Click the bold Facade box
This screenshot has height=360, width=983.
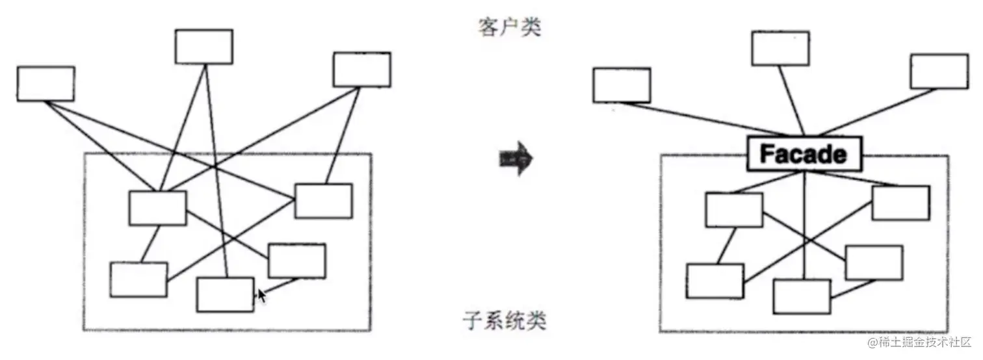804,155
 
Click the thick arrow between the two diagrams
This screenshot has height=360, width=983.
516,158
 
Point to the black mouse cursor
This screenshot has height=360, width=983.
261,296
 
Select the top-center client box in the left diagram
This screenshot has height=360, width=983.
203,46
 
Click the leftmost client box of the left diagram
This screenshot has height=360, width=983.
46,83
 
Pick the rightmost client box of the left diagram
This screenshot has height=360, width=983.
361,70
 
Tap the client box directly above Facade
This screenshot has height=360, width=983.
780,48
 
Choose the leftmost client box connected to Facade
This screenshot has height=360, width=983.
622,85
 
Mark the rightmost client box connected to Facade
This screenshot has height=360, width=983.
939,71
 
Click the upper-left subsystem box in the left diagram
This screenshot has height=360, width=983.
157,208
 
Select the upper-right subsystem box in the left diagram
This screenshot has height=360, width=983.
323,201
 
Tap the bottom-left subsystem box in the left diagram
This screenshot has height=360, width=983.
138,279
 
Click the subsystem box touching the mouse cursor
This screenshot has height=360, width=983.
225,294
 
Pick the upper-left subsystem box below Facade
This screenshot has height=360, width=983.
734,210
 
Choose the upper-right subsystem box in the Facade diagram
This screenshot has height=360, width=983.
900,203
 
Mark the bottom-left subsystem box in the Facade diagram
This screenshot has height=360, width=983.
714,281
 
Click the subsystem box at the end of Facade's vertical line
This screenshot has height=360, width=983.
802,296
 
